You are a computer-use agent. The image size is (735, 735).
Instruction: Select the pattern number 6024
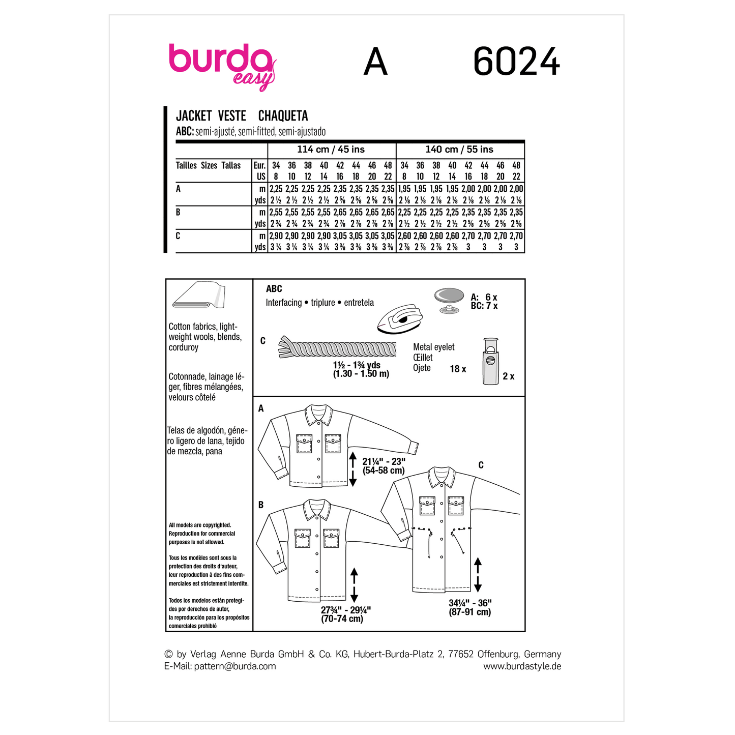[516, 63]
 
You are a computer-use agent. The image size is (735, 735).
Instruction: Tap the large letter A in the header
[375, 63]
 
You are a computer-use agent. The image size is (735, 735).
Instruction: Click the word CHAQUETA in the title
[283, 116]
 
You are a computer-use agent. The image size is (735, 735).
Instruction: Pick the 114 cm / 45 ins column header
[331, 150]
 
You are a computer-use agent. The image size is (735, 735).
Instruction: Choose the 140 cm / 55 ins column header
[459, 150]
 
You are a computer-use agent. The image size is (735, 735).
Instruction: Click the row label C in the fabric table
[178, 236]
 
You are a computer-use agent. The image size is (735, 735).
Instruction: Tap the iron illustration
[400, 319]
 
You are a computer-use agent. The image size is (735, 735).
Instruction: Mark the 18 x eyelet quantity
[458, 369]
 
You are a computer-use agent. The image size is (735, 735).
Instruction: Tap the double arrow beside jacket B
[355, 585]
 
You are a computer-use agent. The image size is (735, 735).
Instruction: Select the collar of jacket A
[318, 414]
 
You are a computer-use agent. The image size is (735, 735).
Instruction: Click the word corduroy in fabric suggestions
[184, 347]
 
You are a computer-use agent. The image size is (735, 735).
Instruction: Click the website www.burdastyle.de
[522, 666]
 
